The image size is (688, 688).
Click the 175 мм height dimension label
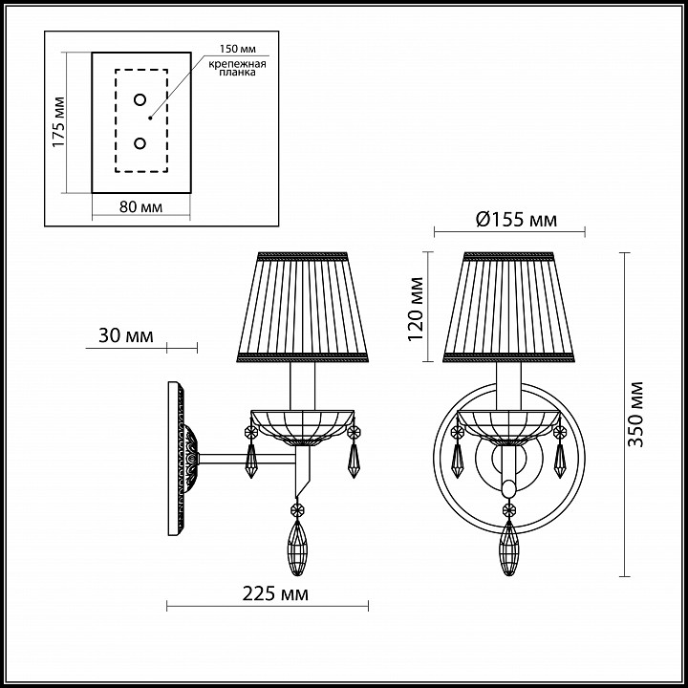pyautogui.click(x=58, y=122)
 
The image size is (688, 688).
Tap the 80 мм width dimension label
pyautogui.click(x=140, y=206)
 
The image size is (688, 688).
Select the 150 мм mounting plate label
pyautogui.click(x=237, y=49)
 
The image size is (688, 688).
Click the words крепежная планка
pyautogui.click(x=237, y=68)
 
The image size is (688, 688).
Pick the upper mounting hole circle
pyautogui.click(x=140, y=99)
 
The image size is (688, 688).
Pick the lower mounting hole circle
pyautogui.click(x=140, y=143)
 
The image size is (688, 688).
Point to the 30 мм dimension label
pyautogui.click(x=126, y=335)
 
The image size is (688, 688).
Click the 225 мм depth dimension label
pyautogui.click(x=275, y=594)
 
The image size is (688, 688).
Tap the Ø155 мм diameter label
pyautogui.click(x=516, y=219)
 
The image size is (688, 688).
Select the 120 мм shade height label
pyautogui.click(x=416, y=309)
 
